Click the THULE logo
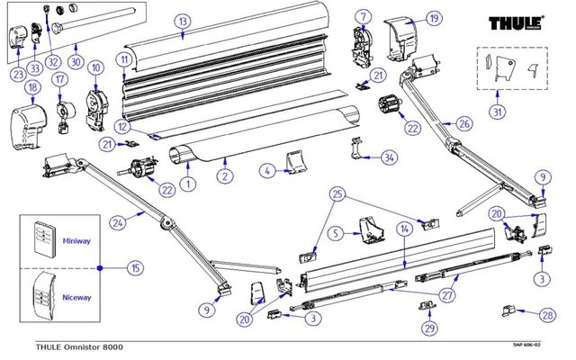click(x=516, y=22)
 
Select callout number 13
click(x=182, y=21)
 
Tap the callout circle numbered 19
click(x=435, y=17)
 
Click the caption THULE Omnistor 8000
click(x=67, y=346)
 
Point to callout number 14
click(x=405, y=230)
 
